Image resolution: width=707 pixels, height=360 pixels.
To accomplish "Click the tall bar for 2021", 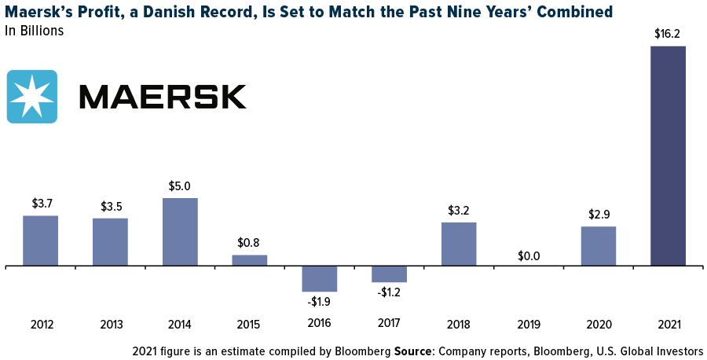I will [668, 156].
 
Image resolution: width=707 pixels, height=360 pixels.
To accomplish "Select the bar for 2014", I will [180, 232].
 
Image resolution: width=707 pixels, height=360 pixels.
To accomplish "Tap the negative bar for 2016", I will [320, 279].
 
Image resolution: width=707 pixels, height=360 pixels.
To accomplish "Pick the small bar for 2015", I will [250, 260].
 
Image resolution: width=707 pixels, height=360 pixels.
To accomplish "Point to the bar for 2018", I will [459, 244].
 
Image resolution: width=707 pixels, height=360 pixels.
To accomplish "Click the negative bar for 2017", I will [389, 274].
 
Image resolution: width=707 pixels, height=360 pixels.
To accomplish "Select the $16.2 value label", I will [668, 35].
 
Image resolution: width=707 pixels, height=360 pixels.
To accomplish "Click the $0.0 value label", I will [528, 255].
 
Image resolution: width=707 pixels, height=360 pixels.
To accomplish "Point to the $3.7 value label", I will [41, 204].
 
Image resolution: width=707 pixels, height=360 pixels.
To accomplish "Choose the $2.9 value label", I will [598, 215].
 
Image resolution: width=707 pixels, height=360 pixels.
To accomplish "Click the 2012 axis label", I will [41, 324].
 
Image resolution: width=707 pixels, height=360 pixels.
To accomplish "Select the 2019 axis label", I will [528, 324].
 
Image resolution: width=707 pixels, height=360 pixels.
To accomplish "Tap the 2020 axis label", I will [598, 324].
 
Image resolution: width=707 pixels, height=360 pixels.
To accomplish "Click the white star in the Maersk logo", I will [31, 97].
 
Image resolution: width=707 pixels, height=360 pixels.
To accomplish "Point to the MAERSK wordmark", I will [163, 97].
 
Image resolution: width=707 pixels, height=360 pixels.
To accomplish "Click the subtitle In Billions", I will [34, 31].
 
